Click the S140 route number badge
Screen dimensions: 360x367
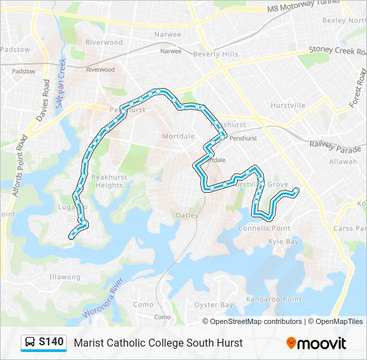[51, 343]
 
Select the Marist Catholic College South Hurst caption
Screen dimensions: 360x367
[158, 343]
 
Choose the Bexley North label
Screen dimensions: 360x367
[344, 20]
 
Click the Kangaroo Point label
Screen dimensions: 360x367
[274, 299]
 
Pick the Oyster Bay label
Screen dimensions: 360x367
[213, 305]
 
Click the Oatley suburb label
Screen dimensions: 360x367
[187, 215]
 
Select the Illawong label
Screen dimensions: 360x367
[65, 277]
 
